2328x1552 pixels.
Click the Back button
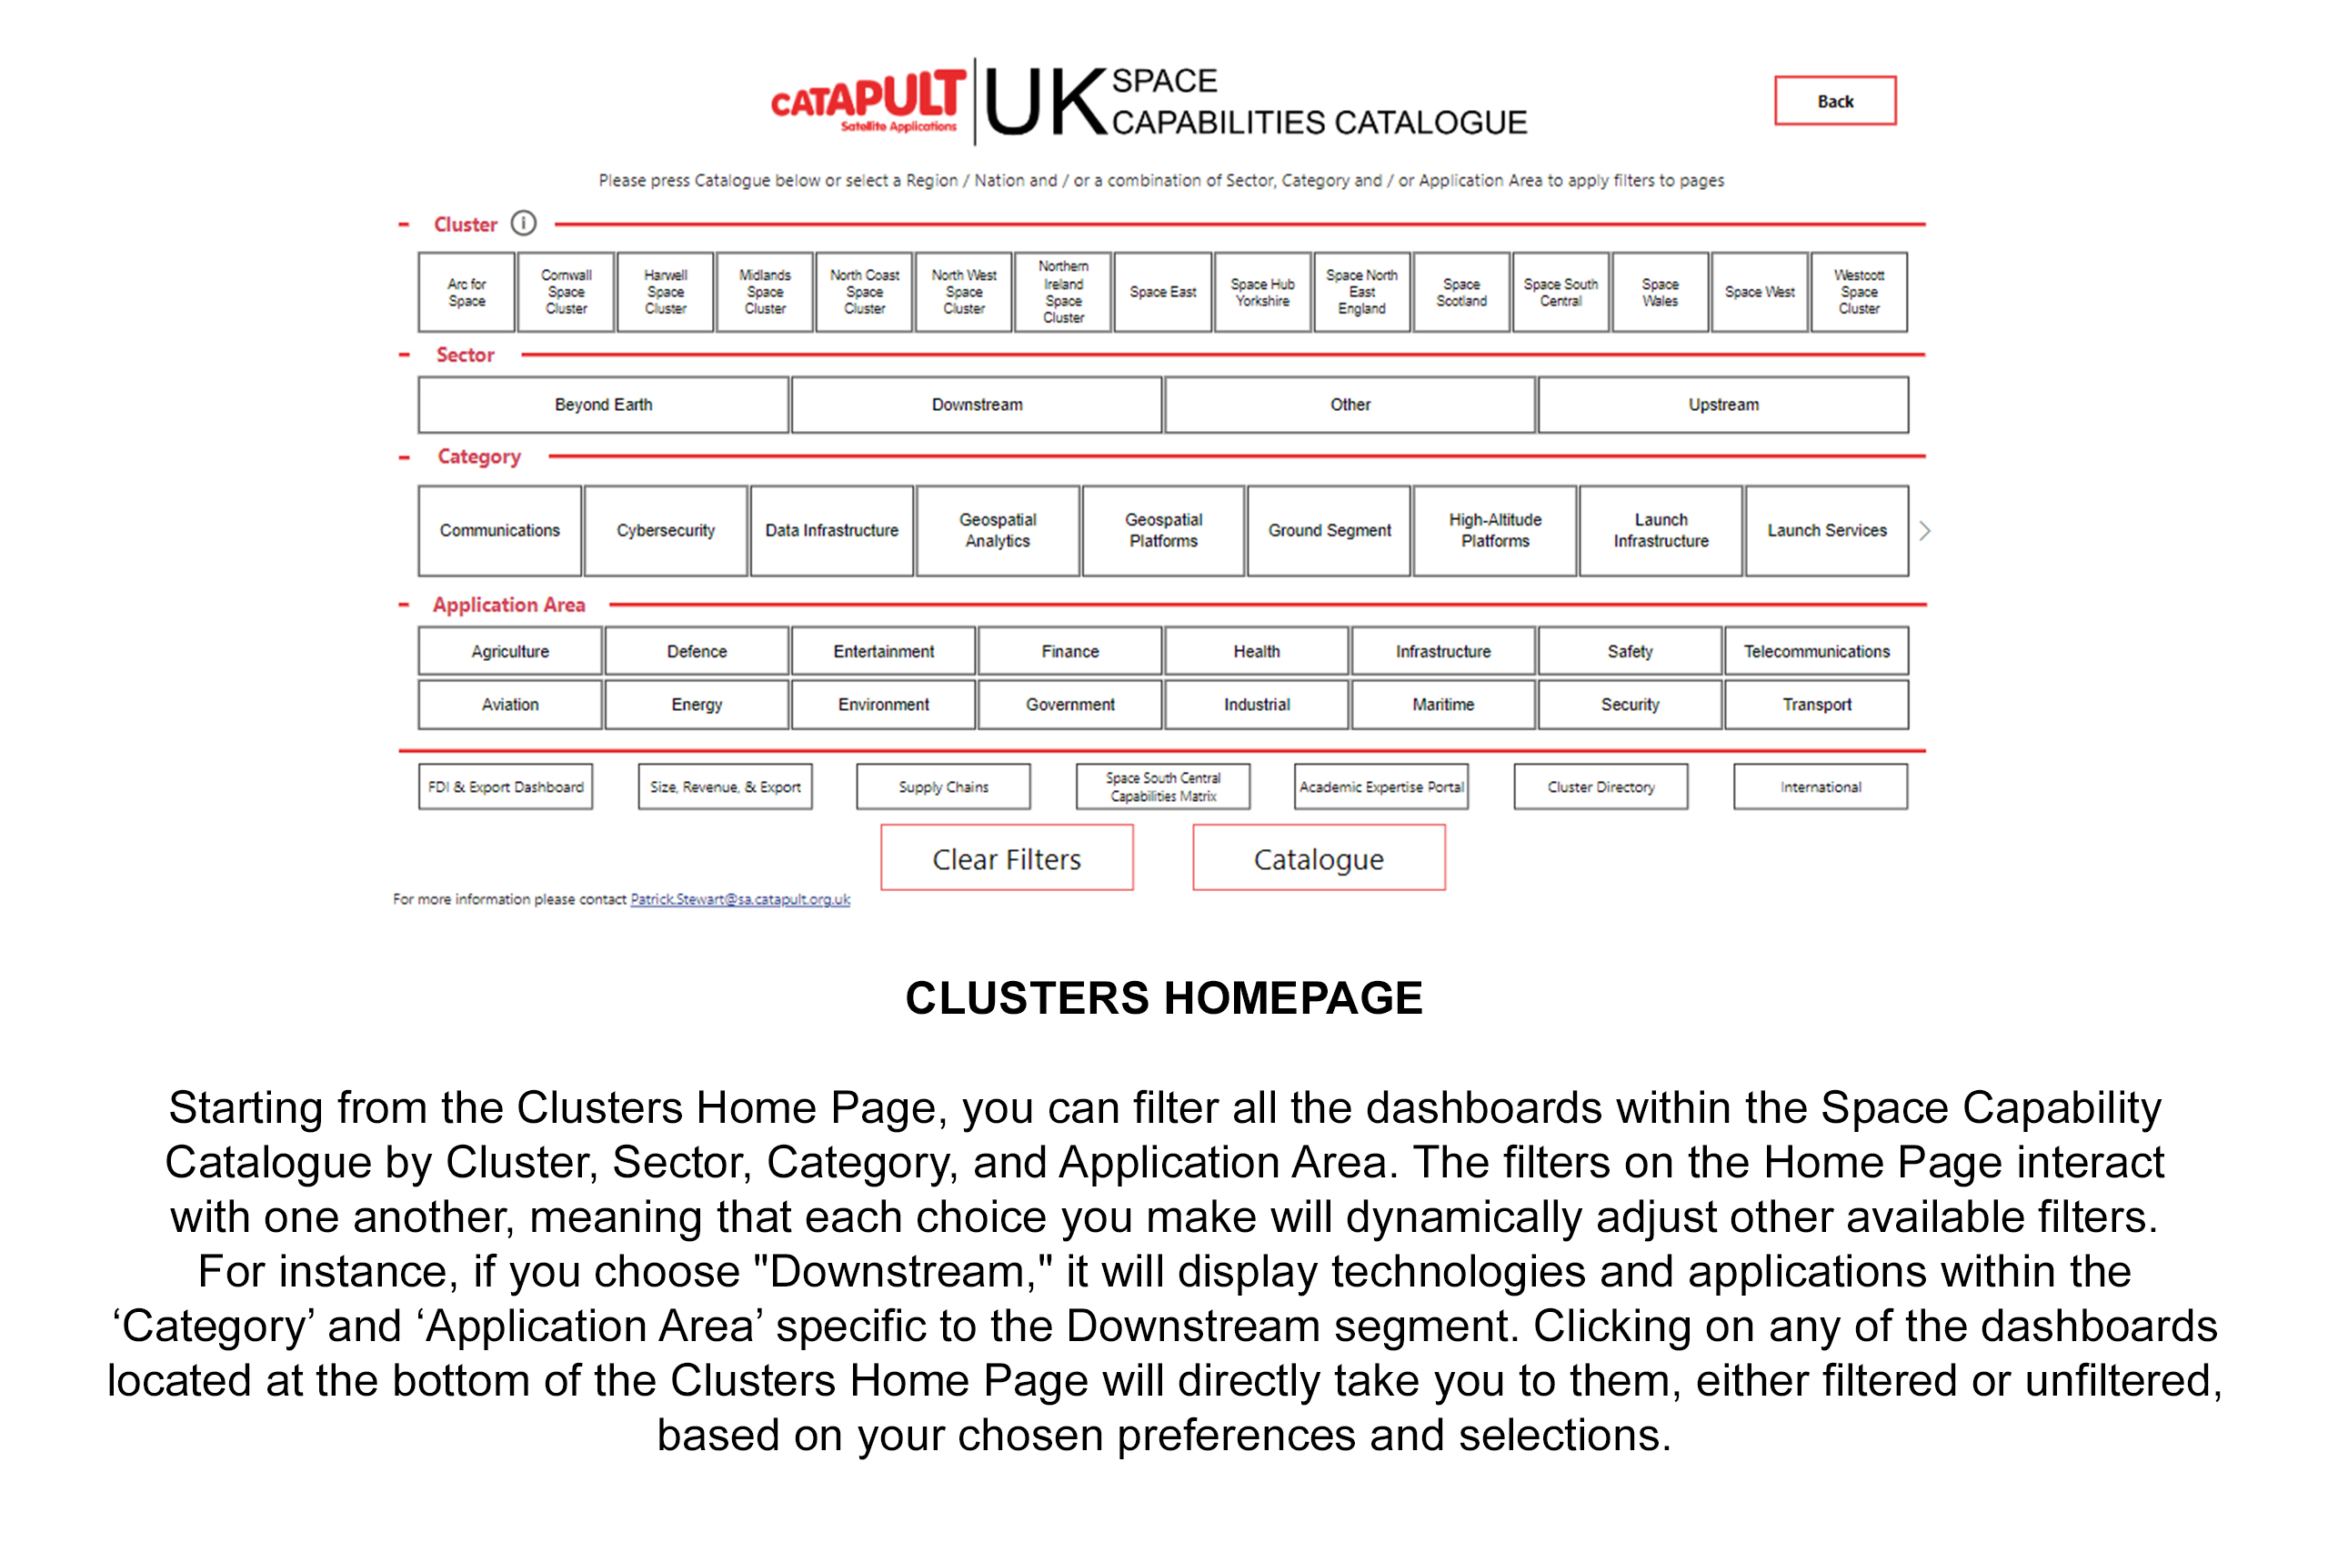pyautogui.click(x=1834, y=101)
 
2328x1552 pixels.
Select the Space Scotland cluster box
pyautogui.click(x=1461, y=292)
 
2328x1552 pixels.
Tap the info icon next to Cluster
pyautogui.click(x=524, y=224)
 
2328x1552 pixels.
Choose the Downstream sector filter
pyautogui.click(x=976, y=405)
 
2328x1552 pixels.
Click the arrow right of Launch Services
pyautogui.click(x=1924, y=531)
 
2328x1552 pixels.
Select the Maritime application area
pyautogui.click(x=1442, y=705)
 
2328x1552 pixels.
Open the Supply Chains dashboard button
pyautogui.click(x=942, y=786)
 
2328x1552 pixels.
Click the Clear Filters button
pyautogui.click(x=1007, y=858)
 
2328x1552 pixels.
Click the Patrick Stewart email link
pyautogui.click(x=739, y=898)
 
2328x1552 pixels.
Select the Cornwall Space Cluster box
pyautogui.click(x=567, y=292)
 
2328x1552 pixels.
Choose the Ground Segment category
pyautogui.click(x=1329, y=531)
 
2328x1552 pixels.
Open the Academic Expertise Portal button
pyautogui.click(x=1380, y=786)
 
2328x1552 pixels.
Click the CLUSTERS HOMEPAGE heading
pyautogui.click(x=1163, y=997)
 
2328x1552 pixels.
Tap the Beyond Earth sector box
pyautogui.click(x=603, y=405)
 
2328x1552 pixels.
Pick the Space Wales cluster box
pyautogui.click(x=1660, y=292)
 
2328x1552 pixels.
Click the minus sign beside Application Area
pyautogui.click(x=404, y=605)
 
